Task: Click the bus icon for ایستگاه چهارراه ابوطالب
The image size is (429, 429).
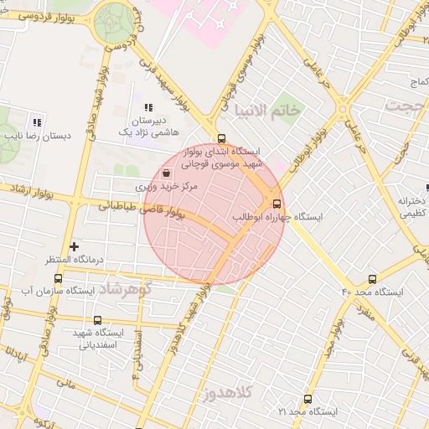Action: pyautogui.click(x=277, y=204)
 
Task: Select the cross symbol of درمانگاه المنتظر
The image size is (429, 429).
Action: pyautogui.click(x=75, y=246)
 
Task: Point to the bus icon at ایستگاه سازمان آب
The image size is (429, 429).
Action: pyautogui.click(x=58, y=278)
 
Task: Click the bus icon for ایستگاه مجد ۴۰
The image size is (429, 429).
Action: pyautogui.click(x=372, y=279)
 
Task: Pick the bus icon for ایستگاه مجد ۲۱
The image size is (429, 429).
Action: pyautogui.click(x=308, y=400)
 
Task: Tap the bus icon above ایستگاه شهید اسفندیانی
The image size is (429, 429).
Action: pyautogui.click(x=97, y=320)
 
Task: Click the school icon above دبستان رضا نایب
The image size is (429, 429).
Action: pyautogui.click(x=37, y=121)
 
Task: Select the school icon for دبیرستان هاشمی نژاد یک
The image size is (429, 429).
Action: pyautogui.click(x=147, y=108)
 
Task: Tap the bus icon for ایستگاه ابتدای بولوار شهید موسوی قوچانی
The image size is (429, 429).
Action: pyautogui.click(x=221, y=139)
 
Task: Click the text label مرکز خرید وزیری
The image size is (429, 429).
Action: pyautogui.click(x=172, y=187)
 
